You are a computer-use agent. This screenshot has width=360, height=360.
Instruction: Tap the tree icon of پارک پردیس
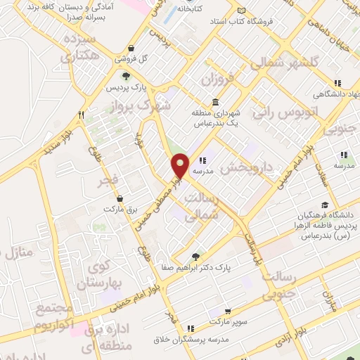tap(125, 77)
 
